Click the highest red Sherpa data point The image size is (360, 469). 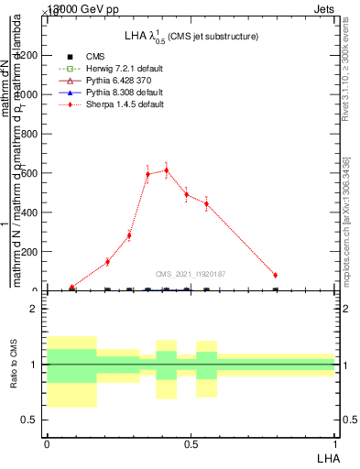[x=167, y=170]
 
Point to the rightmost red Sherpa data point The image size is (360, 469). [x=276, y=275]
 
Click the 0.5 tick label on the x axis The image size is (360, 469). [x=191, y=444]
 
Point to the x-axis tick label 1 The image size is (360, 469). [x=335, y=444]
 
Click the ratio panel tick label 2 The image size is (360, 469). [x=34, y=309]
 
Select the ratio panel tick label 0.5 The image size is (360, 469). [x=30, y=420]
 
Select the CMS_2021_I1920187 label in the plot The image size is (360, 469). [x=191, y=274]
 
